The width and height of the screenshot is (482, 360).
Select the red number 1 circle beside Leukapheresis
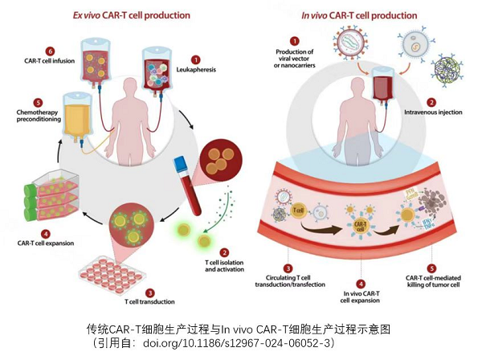coord(195,59)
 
